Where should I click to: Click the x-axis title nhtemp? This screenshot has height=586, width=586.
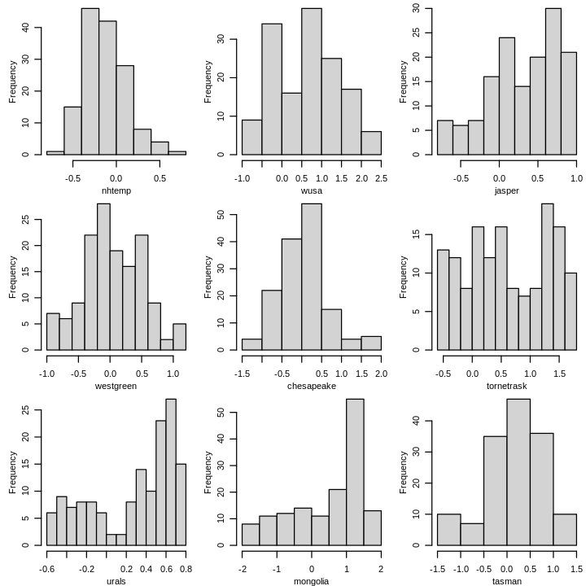coord(116,190)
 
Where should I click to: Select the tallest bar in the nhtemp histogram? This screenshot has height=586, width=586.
coord(90,81)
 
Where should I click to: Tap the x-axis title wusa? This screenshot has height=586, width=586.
coord(311,190)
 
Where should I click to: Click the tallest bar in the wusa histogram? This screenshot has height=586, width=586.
coord(311,81)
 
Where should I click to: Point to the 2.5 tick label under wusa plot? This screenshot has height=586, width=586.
coord(380,177)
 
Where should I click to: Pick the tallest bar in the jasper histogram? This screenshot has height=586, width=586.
coord(553,81)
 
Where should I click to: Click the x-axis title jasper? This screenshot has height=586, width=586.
coord(506,190)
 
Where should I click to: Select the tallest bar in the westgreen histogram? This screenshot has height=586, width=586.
coord(103,277)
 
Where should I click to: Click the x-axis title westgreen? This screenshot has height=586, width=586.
coord(116,386)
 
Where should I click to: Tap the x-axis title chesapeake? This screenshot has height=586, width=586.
coord(311,386)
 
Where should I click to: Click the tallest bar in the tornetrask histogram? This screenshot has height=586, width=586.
coord(547,277)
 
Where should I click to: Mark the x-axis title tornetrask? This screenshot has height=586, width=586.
coord(506,386)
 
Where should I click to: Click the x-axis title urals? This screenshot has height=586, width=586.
coord(116,581)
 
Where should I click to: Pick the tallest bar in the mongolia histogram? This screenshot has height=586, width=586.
coord(355,472)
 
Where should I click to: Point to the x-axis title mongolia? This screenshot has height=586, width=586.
coord(311,581)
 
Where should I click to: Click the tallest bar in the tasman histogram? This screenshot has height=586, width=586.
coord(506,472)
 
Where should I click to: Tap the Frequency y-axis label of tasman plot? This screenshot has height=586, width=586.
coord(404,472)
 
